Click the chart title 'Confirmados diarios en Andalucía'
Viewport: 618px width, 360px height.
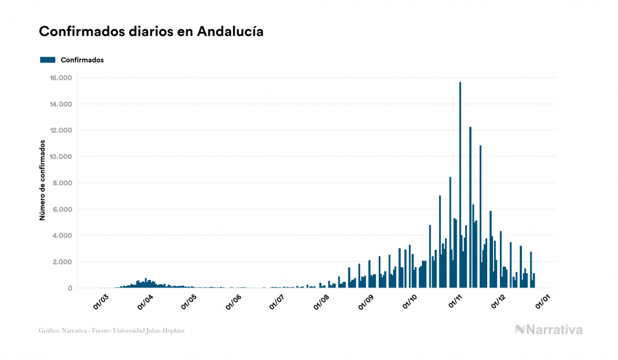151,32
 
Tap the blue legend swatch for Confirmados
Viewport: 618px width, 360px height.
48,60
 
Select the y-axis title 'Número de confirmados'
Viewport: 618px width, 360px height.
42,181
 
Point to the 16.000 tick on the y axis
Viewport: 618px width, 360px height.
61,78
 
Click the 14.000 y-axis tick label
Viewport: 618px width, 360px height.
61,104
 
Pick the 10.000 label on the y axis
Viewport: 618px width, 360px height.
61,156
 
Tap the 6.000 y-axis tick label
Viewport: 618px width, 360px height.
62,209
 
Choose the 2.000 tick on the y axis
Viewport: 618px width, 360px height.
62,262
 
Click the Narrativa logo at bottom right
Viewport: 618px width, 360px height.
549,330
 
